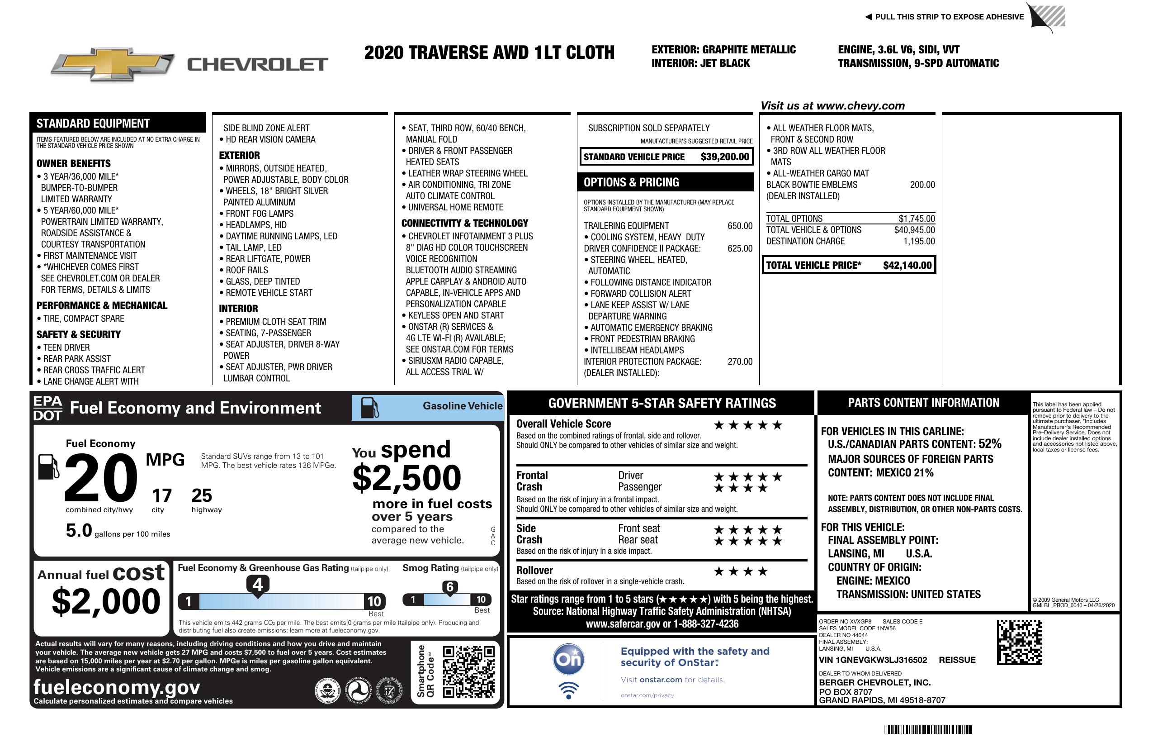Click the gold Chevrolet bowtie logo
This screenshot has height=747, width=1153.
tap(113, 64)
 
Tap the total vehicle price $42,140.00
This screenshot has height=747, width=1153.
tap(907, 265)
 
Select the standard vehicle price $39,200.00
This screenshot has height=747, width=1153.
tap(725, 157)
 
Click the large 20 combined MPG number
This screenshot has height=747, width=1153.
tap(101, 477)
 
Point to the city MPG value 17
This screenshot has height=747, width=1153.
tap(162, 495)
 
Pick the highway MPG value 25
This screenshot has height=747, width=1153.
tap(202, 495)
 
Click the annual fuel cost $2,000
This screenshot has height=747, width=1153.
tap(106, 601)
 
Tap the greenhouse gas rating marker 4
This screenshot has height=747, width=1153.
tap(258, 585)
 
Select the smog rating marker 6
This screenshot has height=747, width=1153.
tap(449, 587)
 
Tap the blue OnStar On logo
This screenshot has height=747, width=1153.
tap(569, 659)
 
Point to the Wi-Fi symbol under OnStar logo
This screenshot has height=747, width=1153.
tap(569, 690)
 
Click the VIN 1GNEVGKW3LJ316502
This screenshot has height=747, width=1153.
tap(873, 660)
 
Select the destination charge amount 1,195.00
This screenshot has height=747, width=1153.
tap(919, 241)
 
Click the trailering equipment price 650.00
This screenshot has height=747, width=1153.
tap(740, 226)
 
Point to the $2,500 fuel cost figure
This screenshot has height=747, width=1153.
tap(406, 478)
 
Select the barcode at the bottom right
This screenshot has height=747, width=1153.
tap(927, 729)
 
